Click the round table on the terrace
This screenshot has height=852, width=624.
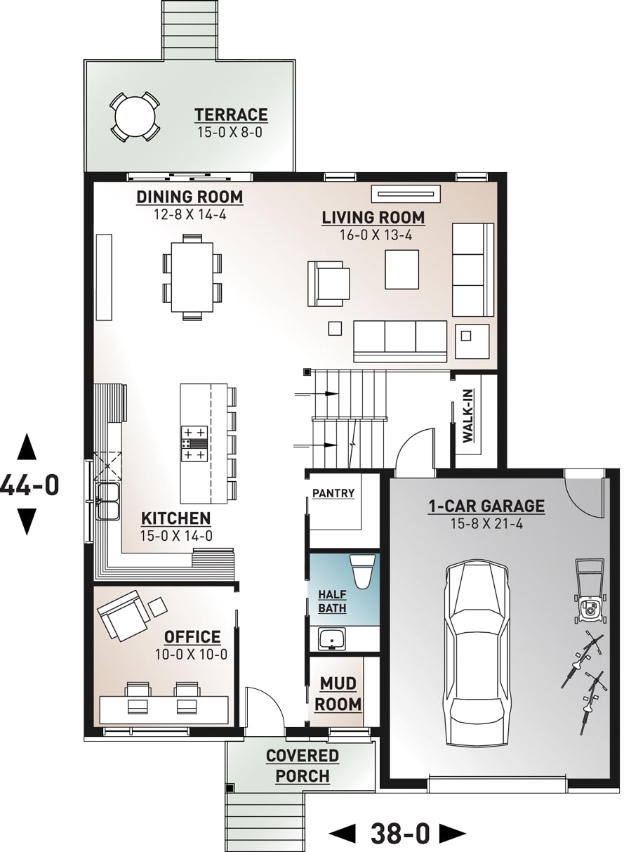tap(134, 116)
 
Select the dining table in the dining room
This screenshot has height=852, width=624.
tap(192, 277)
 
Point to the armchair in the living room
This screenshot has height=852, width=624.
tap(328, 283)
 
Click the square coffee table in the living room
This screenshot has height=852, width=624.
tap(401, 269)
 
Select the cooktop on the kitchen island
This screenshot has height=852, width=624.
tap(194, 443)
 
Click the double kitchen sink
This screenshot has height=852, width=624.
tap(107, 500)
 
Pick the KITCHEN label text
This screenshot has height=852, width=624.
tap(176, 518)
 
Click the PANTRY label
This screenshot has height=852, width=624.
tap(333, 494)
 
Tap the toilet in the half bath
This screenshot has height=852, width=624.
tap(362, 570)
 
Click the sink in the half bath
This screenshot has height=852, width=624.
tap(331, 639)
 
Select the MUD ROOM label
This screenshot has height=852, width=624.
tap(338, 693)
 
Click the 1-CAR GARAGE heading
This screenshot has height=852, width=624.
tap(486, 506)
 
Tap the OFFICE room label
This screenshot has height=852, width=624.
tap(192, 637)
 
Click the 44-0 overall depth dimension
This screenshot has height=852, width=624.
tap(28, 485)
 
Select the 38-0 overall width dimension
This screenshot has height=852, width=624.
tap(399, 834)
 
